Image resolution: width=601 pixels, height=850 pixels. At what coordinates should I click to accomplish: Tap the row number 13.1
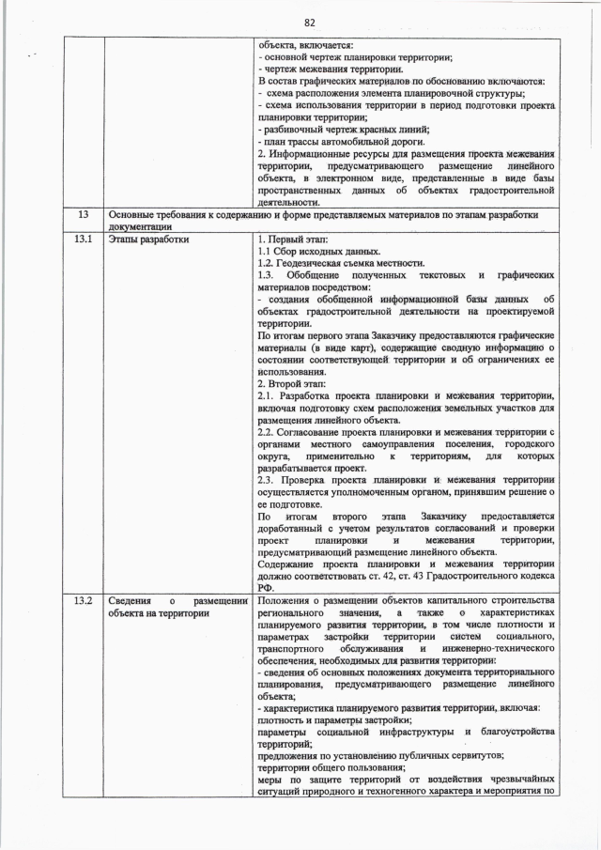tap(83, 239)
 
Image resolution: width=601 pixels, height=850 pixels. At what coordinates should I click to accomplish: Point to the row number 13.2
tap(83, 600)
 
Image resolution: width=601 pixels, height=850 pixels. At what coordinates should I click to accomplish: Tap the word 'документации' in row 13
tap(140, 226)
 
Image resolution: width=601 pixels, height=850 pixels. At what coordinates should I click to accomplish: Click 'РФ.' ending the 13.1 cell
tap(265, 588)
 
